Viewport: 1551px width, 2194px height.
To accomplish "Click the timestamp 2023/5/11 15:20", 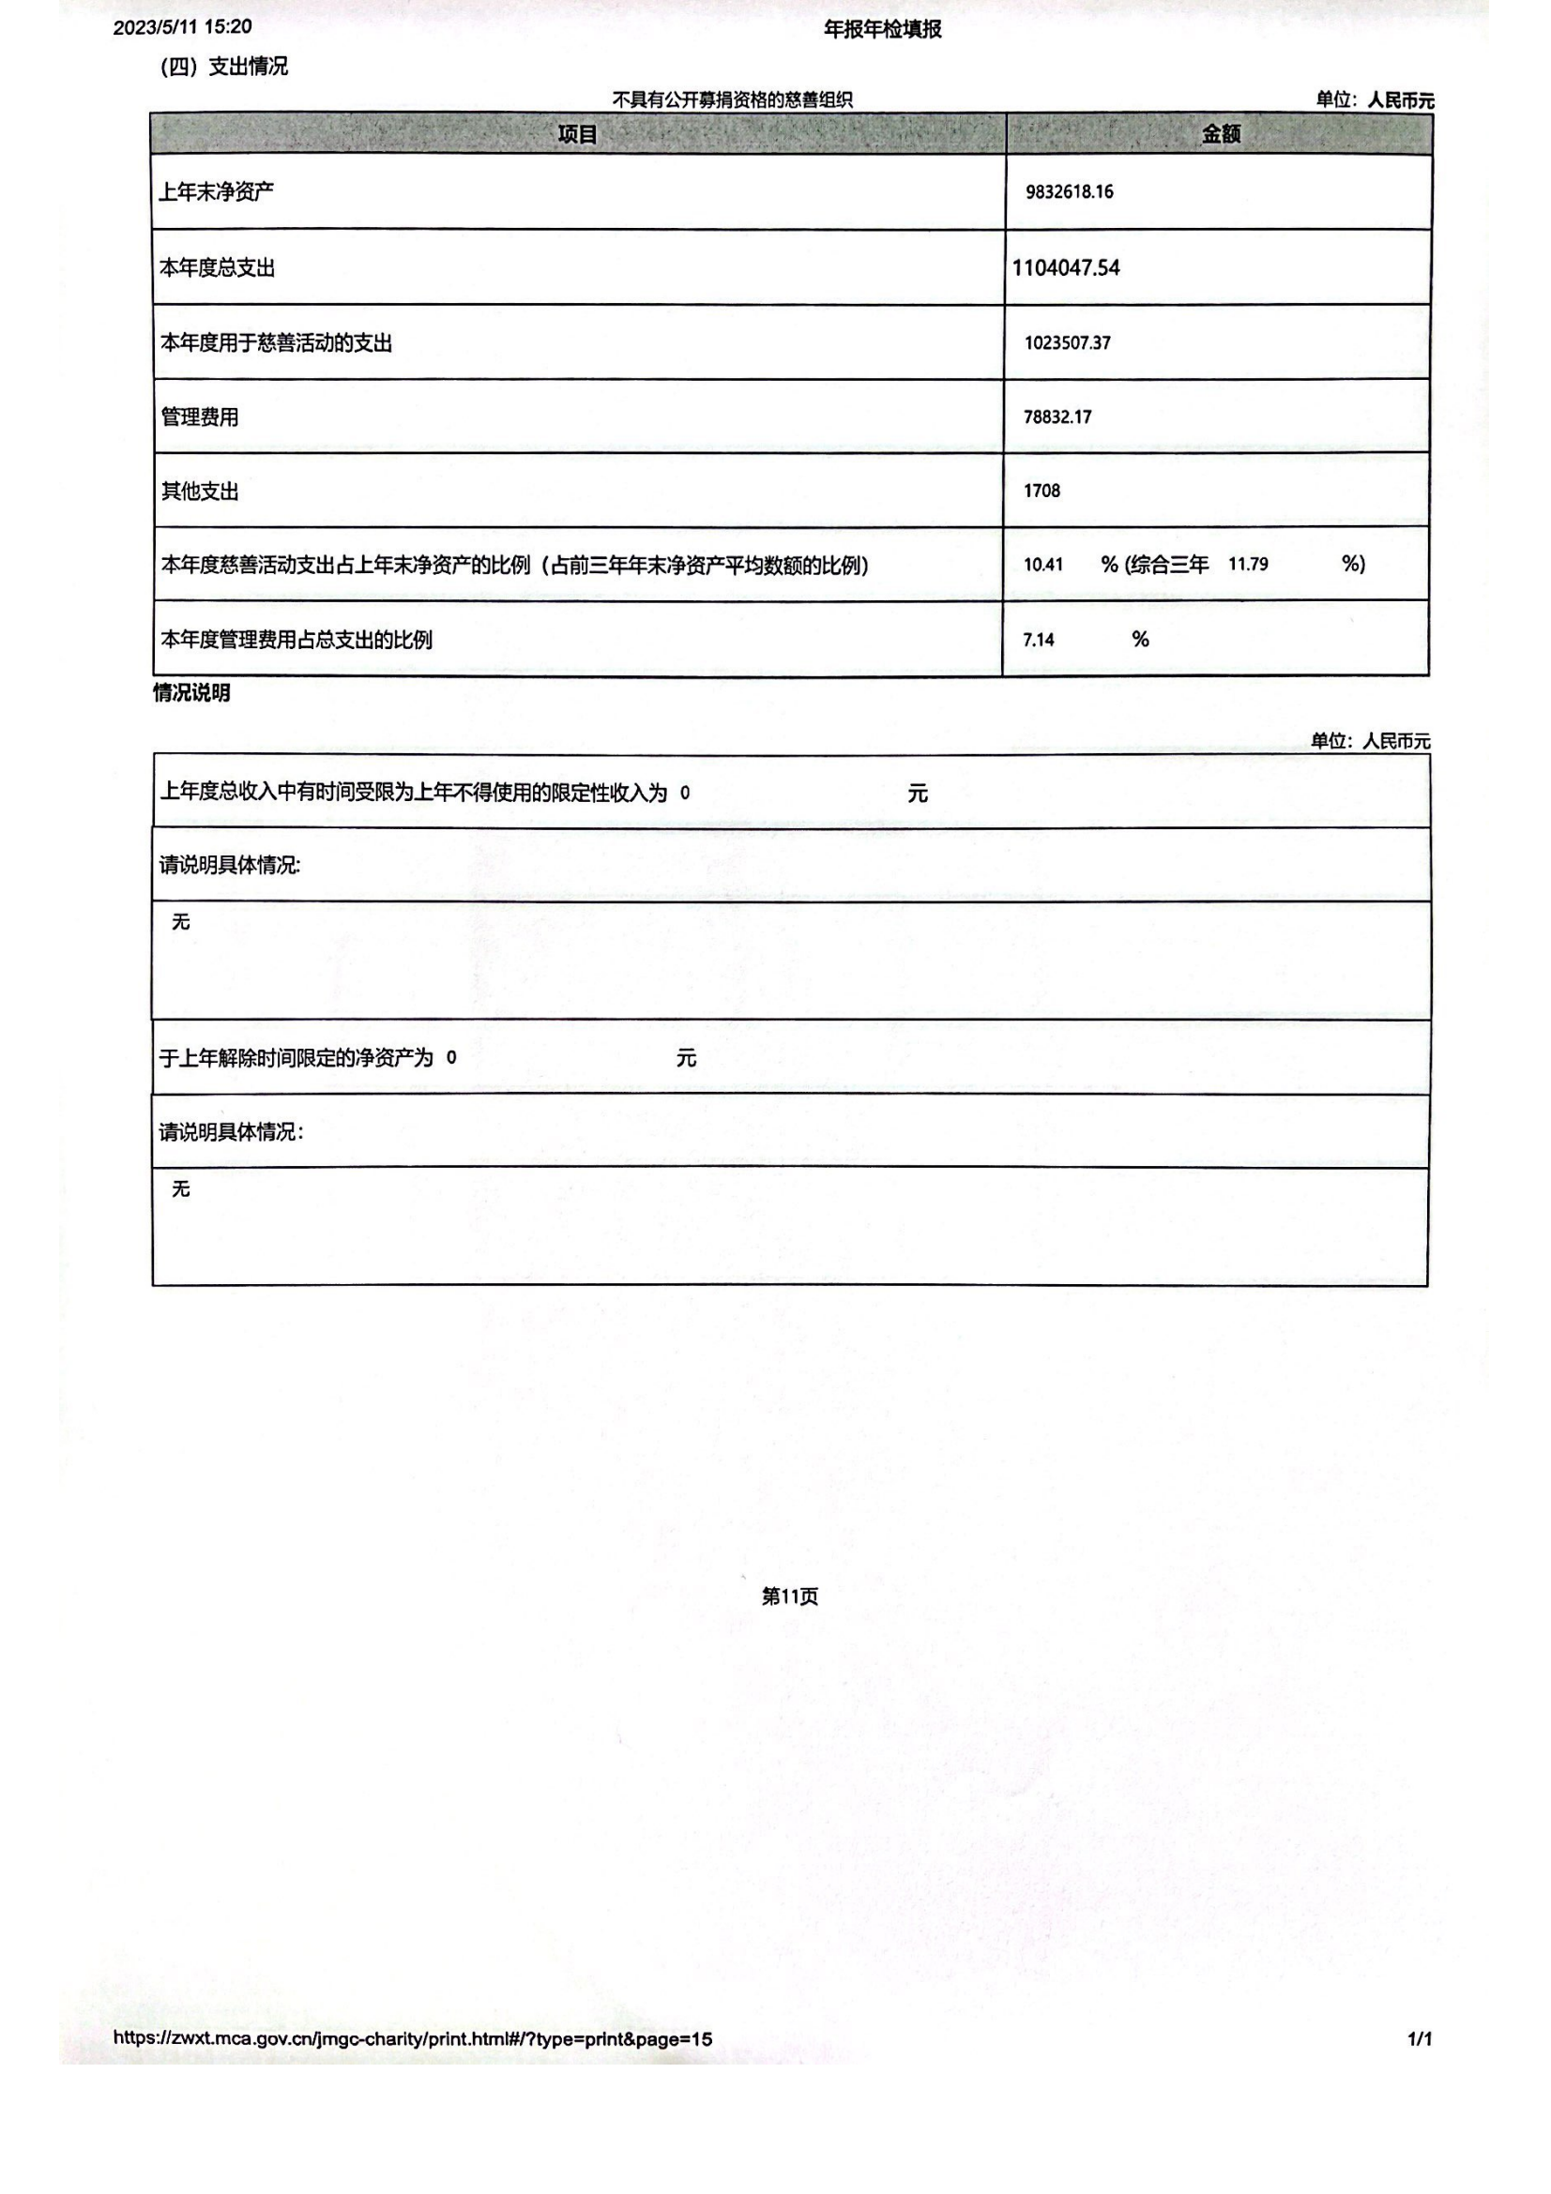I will point(183,27).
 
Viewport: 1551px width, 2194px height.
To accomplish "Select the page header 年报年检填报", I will point(882,30).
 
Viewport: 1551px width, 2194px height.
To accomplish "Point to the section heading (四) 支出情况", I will point(223,66).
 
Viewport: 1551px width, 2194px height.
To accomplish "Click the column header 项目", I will point(577,135).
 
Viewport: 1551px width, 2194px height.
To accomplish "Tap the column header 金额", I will point(1221,135).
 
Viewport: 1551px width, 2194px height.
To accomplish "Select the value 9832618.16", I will point(1070,192).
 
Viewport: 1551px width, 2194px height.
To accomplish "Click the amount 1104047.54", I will point(1066,267).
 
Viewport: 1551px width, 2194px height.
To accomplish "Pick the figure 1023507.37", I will point(1068,343).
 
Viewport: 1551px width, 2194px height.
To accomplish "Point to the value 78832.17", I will point(1057,416).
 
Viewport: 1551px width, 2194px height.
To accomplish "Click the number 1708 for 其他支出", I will point(1042,492).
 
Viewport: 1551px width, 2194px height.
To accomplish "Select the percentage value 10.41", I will point(1042,565).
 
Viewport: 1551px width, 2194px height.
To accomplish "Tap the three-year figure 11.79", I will point(1248,565).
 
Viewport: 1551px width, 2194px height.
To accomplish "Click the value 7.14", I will point(1038,641).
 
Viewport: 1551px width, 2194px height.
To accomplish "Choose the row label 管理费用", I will point(200,416).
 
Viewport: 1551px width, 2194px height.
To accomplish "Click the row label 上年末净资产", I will point(216,192).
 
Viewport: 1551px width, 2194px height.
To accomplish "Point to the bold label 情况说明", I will point(191,693).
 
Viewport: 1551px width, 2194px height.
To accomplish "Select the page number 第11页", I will point(789,1596).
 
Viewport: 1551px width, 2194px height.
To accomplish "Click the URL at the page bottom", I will point(413,2038).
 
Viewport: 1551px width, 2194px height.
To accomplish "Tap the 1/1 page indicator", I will point(1419,2039).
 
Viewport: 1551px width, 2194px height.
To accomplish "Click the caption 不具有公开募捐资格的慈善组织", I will point(732,99).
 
